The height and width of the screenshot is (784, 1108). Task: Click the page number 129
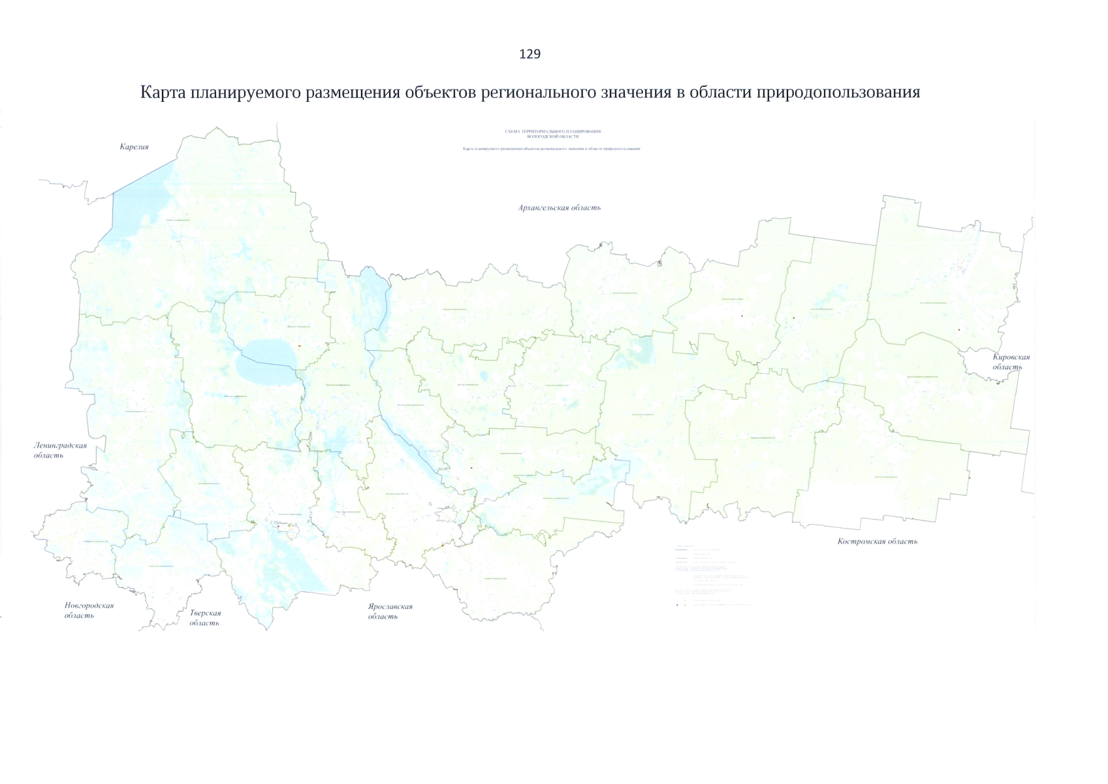pyautogui.click(x=530, y=54)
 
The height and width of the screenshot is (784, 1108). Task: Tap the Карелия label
pyautogui.click(x=134, y=147)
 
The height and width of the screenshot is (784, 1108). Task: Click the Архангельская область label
pyautogui.click(x=559, y=208)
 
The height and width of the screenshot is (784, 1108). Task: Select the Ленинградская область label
pyautogui.click(x=59, y=450)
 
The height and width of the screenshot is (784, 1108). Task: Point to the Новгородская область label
pyautogui.click(x=89, y=610)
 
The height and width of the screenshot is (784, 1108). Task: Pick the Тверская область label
pyautogui.click(x=205, y=617)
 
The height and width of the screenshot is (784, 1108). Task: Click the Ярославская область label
pyautogui.click(x=390, y=611)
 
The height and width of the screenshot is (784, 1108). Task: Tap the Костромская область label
pyautogui.click(x=877, y=541)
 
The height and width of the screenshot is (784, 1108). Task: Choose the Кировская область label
pyautogui.click(x=1010, y=362)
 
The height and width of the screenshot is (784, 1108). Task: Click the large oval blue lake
pyautogui.click(x=267, y=363)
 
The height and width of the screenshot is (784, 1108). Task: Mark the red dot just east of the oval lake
pyautogui.click(x=299, y=346)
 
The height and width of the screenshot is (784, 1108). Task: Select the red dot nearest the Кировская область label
pyautogui.click(x=958, y=330)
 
